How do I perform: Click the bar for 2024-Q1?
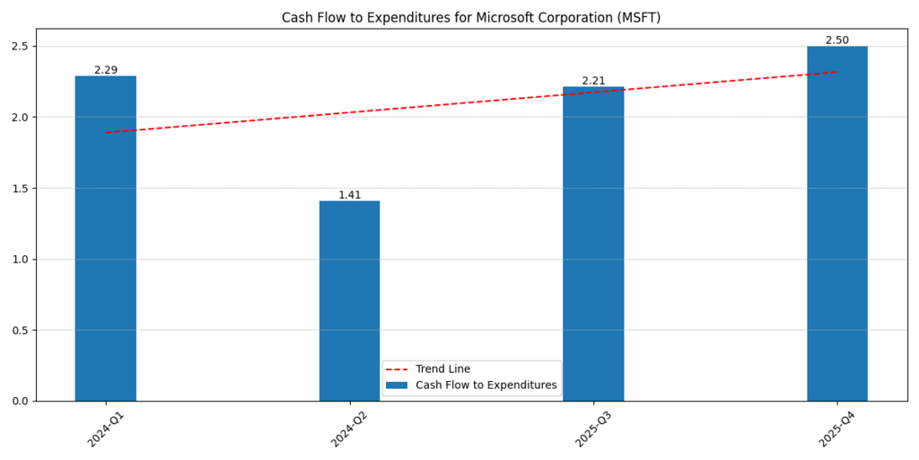click(106, 238)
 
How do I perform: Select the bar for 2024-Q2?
click(349, 301)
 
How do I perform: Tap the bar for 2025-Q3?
click(593, 243)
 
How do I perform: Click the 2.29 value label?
click(106, 70)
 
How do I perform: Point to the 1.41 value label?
click(349, 195)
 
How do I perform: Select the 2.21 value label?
click(593, 81)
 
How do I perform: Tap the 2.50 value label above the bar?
click(837, 40)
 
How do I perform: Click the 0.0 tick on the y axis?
click(20, 402)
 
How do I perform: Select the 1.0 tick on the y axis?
click(20, 260)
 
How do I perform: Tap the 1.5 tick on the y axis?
click(20, 189)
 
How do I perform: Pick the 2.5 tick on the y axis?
click(20, 47)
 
